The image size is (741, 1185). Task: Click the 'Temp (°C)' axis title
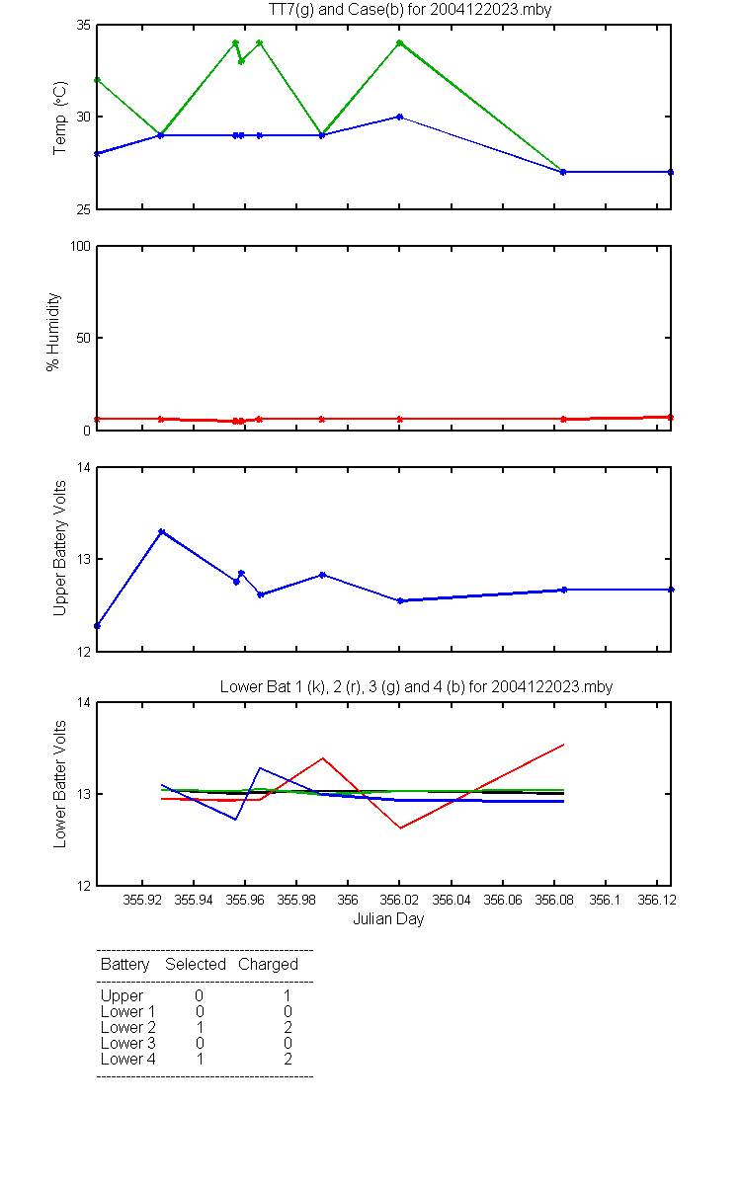(x=60, y=118)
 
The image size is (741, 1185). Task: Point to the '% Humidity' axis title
(x=53, y=332)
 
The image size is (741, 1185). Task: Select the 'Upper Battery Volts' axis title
(x=60, y=548)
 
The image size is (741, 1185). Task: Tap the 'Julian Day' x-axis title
(x=388, y=919)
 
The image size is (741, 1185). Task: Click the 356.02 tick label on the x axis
(x=399, y=900)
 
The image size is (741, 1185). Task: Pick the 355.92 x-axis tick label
(x=142, y=900)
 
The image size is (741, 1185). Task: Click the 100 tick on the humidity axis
(x=80, y=247)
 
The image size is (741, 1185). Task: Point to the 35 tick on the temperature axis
(x=84, y=26)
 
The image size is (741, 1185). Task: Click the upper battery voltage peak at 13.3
(x=162, y=531)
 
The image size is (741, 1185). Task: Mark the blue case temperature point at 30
(x=399, y=117)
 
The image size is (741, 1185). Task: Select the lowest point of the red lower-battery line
(x=401, y=828)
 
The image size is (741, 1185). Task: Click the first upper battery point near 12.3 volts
(x=97, y=626)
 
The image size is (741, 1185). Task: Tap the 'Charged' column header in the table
(x=268, y=965)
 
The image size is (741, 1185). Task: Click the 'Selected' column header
(x=196, y=964)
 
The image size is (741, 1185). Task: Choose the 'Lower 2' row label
(x=128, y=1027)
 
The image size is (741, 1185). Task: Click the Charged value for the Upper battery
(x=287, y=995)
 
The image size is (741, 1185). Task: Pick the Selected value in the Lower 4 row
(x=200, y=1059)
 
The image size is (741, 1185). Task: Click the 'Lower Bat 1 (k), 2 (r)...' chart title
(x=416, y=686)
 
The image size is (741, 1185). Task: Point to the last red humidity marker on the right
(x=671, y=418)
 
